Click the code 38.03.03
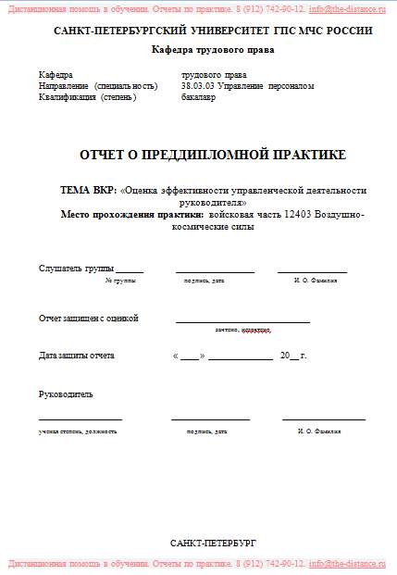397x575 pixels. click(x=198, y=86)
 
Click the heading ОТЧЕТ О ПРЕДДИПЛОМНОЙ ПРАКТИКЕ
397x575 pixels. click(x=213, y=154)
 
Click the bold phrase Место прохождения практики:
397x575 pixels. click(x=131, y=214)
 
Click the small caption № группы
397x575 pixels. click(x=120, y=280)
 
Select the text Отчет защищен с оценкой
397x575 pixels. click(x=88, y=319)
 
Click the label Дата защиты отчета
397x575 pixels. click(x=77, y=355)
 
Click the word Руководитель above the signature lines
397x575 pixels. click(x=66, y=394)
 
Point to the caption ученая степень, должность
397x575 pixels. click(x=78, y=431)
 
